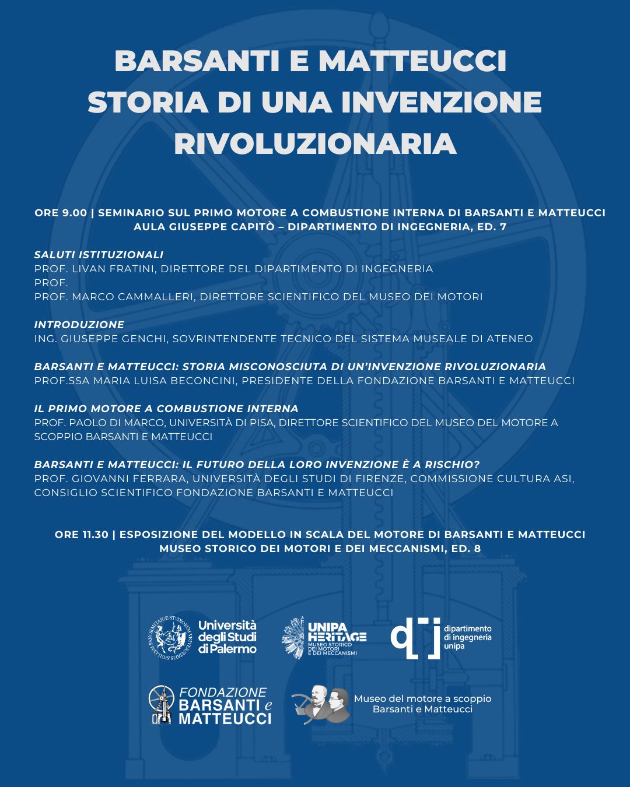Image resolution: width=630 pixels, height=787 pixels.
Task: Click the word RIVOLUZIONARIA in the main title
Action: pos(315,143)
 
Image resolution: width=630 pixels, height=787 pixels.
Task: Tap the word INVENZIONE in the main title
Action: pos(442,102)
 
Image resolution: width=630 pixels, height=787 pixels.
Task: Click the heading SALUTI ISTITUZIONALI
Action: pos(99,255)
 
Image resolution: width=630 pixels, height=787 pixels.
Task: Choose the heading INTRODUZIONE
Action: pos(79,325)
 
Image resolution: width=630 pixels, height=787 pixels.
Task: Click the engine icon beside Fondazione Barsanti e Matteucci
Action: pos(162,704)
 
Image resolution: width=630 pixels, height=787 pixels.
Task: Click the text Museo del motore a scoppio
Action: pos(423,698)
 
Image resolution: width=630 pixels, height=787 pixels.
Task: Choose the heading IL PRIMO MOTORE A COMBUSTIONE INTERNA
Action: pos(166,409)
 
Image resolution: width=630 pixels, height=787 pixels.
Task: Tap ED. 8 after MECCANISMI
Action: pos(466,549)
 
